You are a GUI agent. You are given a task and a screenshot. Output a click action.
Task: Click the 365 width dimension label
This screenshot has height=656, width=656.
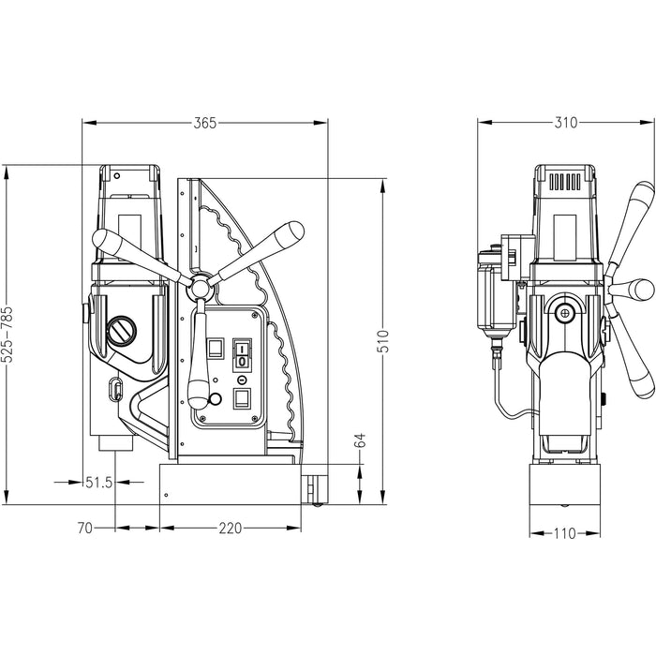[205, 123]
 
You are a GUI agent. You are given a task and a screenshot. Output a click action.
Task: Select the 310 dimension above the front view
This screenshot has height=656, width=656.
[565, 123]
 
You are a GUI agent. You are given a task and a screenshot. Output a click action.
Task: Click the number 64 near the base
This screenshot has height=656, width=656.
[360, 440]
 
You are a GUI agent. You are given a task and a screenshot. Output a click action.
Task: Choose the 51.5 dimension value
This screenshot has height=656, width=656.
[98, 483]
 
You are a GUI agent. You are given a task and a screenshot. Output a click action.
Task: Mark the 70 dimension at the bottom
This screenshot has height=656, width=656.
[83, 529]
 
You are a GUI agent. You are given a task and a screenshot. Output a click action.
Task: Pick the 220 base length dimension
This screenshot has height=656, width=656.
[230, 529]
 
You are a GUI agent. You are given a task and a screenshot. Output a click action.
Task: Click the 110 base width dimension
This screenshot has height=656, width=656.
[564, 534]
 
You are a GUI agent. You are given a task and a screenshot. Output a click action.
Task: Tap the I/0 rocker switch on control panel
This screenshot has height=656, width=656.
[242, 355]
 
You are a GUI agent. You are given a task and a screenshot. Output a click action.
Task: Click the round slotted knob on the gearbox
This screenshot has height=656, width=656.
[122, 331]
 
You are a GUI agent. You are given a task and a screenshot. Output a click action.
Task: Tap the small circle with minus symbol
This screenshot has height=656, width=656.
[242, 380]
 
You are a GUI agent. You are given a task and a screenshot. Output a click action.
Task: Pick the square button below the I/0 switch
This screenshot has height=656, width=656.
[242, 399]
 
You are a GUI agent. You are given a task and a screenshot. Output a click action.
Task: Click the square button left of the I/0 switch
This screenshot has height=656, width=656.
[216, 349]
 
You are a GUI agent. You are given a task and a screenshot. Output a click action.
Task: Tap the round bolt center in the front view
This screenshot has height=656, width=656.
[565, 314]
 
